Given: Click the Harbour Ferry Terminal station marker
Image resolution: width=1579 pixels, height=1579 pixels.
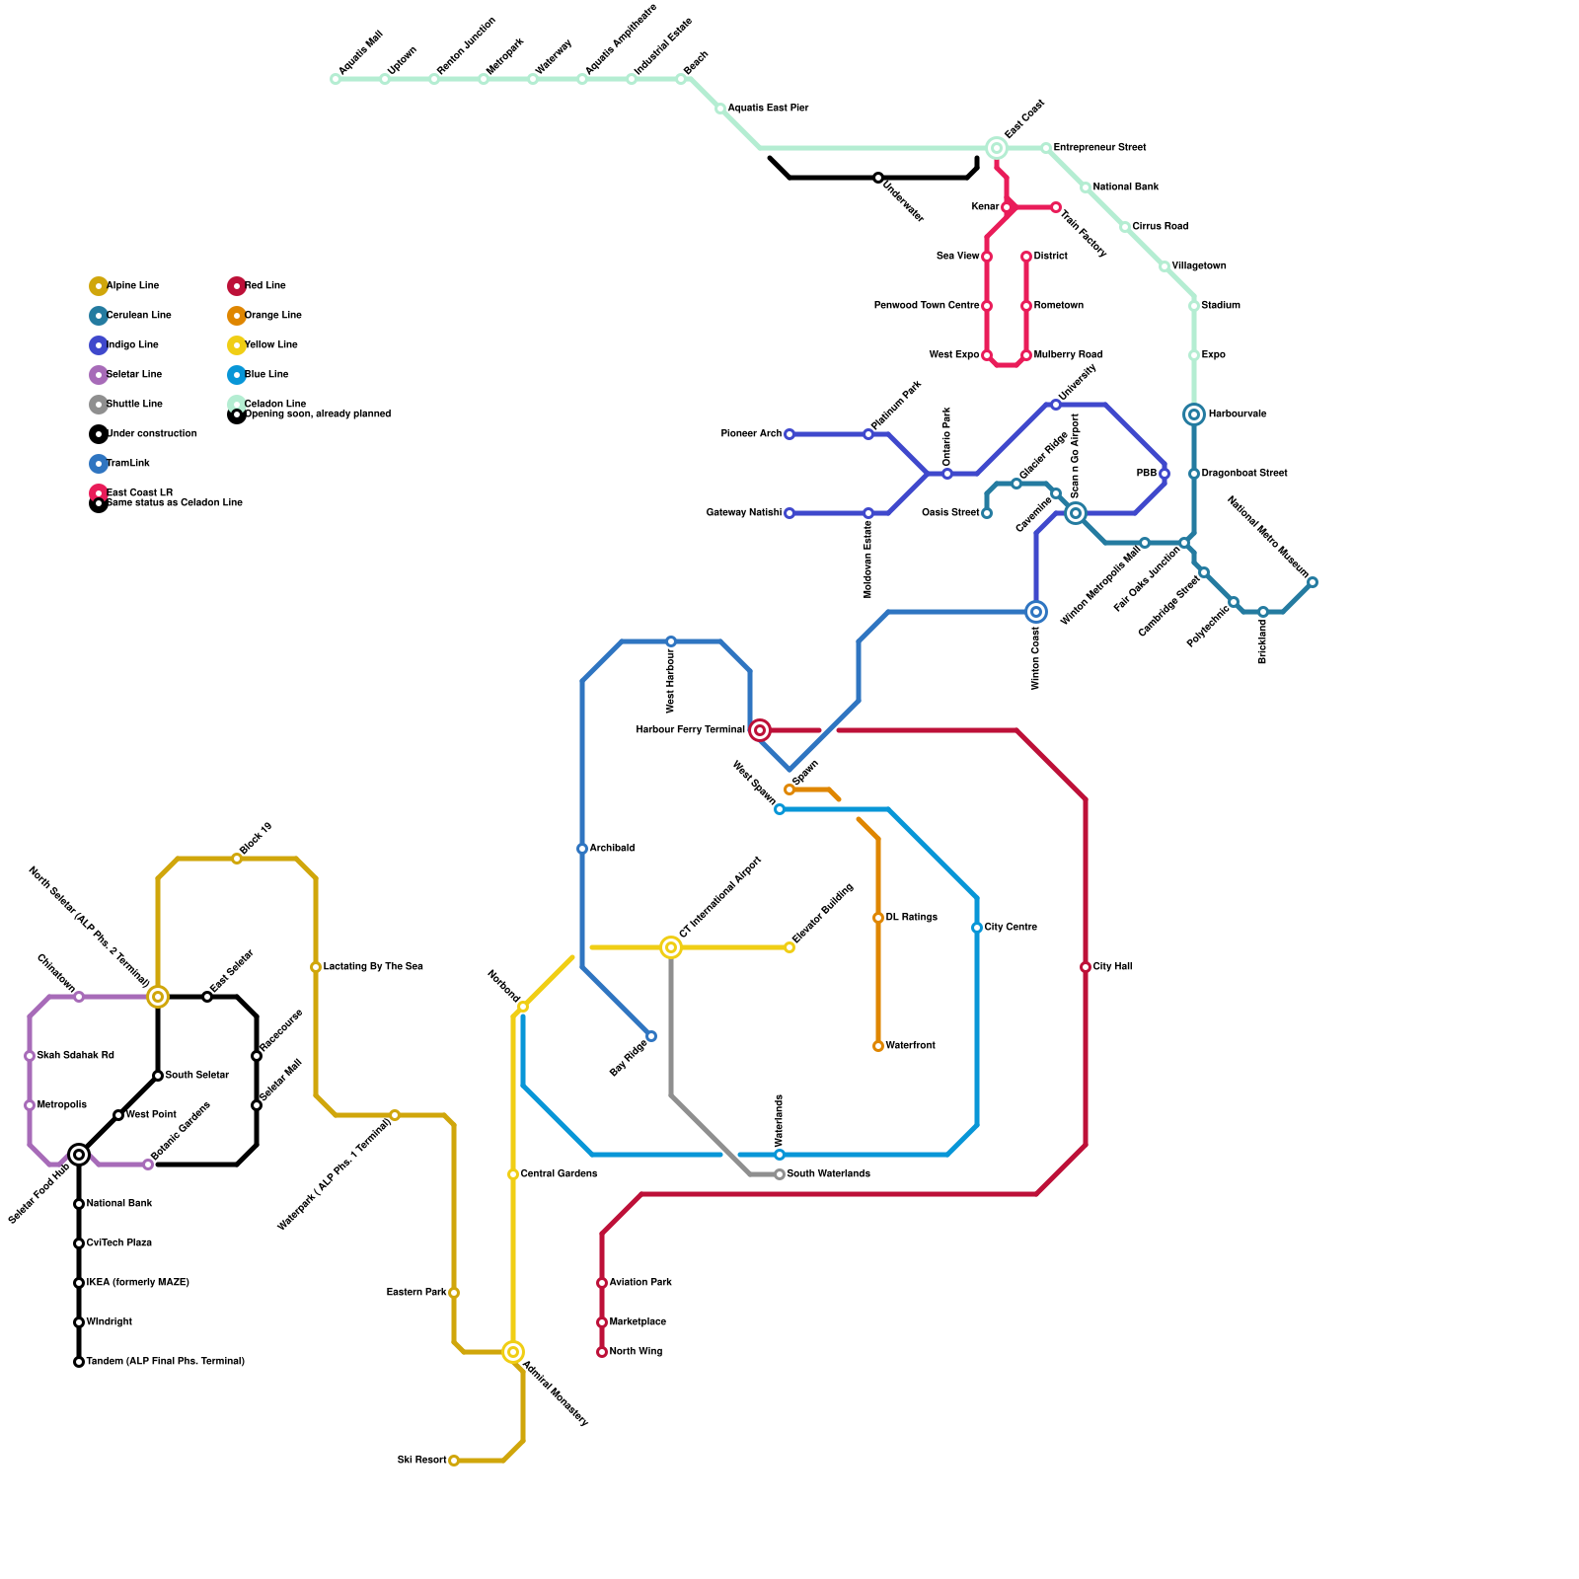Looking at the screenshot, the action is tap(760, 730).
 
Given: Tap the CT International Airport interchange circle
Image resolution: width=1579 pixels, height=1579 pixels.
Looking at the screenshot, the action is tap(671, 947).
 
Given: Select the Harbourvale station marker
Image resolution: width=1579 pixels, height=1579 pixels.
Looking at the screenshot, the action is tap(1194, 414).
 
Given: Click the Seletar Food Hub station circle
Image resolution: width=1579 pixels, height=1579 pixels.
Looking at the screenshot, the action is tap(79, 1155).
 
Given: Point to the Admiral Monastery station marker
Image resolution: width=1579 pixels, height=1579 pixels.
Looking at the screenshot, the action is tap(513, 1352).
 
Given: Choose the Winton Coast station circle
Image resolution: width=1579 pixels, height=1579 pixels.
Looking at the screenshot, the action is tap(1036, 612).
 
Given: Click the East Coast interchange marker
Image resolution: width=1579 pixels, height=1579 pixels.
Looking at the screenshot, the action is tap(997, 148).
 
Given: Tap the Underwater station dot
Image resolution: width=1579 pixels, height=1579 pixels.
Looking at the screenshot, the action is tap(878, 178).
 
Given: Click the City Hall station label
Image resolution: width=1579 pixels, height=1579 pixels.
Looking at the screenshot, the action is tap(1112, 967).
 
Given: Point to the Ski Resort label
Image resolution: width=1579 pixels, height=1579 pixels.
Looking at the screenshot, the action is tap(421, 1461).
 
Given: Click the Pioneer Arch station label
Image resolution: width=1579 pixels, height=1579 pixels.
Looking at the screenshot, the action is tap(751, 434).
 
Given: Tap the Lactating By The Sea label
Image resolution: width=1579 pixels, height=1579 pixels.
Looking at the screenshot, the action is tap(373, 967).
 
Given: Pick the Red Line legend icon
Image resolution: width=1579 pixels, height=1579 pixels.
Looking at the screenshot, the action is tap(237, 286).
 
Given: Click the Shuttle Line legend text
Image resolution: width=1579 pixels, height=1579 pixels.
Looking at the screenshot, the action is tap(134, 405).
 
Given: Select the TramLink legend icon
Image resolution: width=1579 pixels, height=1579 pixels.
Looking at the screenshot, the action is tap(99, 464).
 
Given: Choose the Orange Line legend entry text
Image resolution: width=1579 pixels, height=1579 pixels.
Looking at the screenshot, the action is tap(273, 316).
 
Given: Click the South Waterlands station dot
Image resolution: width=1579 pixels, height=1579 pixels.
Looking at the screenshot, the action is tap(780, 1174).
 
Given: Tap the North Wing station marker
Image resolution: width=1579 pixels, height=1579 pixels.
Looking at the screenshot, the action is tap(602, 1352).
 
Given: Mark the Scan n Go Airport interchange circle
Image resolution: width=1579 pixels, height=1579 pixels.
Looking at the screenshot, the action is tap(1076, 513).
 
